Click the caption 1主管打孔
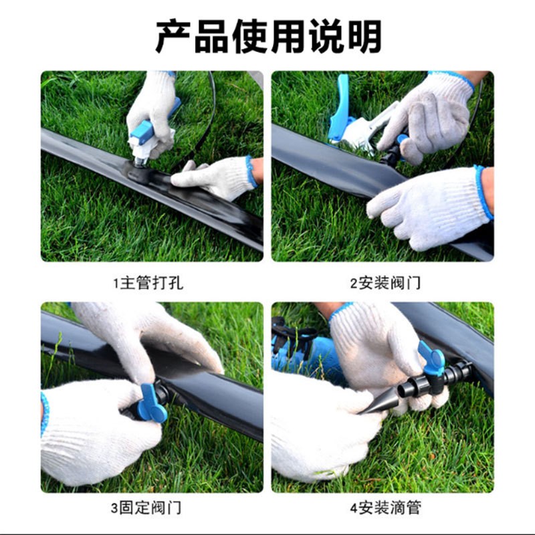(x=148, y=283)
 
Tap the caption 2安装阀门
(x=386, y=283)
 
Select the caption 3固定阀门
(x=148, y=508)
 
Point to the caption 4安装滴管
(x=386, y=508)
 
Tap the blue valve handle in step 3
(x=152, y=403)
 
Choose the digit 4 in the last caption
(x=353, y=508)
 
